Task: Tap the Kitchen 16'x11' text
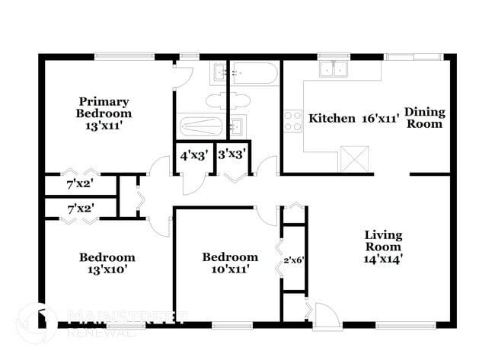click(x=354, y=119)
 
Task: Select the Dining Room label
click(x=424, y=117)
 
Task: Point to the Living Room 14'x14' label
click(x=383, y=246)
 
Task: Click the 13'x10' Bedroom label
click(x=107, y=263)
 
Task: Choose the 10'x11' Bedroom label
click(x=229, y=263)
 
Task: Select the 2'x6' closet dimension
click(x=294, y=260)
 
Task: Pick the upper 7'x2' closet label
click(x=80, y=185)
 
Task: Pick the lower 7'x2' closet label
click(x=80, y=208)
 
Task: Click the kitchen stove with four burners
click(x=293, y=121)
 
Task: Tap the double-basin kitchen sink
click(x=333, y=70)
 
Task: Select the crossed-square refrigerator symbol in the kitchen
click(x=354, y=158)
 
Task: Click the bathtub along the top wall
click(x=254, y=73)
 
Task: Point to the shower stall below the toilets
click(x=200, y=126)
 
